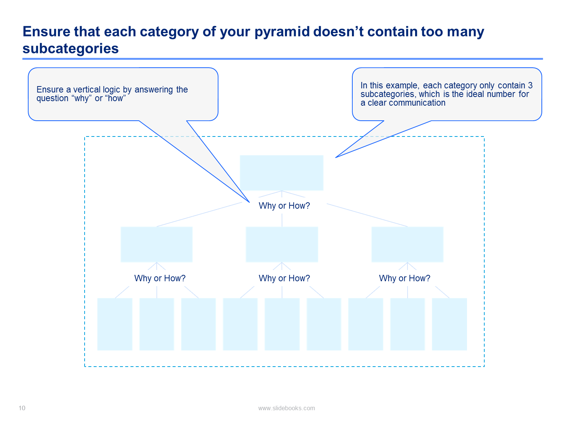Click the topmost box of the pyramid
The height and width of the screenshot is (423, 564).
click(x=281, y=173)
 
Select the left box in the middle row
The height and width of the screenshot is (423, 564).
click(x=156, y=244)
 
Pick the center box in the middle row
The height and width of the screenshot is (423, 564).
click(x=282, y=244)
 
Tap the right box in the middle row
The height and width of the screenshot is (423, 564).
click(x=407, y=244)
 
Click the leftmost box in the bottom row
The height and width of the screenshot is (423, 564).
click(x=115, y=324)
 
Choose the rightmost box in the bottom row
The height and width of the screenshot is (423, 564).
click(x=449, y=324)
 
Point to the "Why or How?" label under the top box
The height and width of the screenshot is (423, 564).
click(x=284, y=205)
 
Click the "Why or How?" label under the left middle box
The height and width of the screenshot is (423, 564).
click(x=159, y=278)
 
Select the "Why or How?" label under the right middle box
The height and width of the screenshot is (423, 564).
click(x=405, y=278)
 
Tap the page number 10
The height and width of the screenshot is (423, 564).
click(x=22, y=408)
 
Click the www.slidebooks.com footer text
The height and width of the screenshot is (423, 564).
click(x=287, y=408)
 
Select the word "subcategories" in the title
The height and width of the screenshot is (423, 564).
click(x=71, y=49)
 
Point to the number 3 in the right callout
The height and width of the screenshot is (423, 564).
click(x=530, y=85)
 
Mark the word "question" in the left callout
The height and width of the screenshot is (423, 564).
click(x=52, y=99)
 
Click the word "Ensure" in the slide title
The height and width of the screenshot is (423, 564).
click(x=47, y=32)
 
